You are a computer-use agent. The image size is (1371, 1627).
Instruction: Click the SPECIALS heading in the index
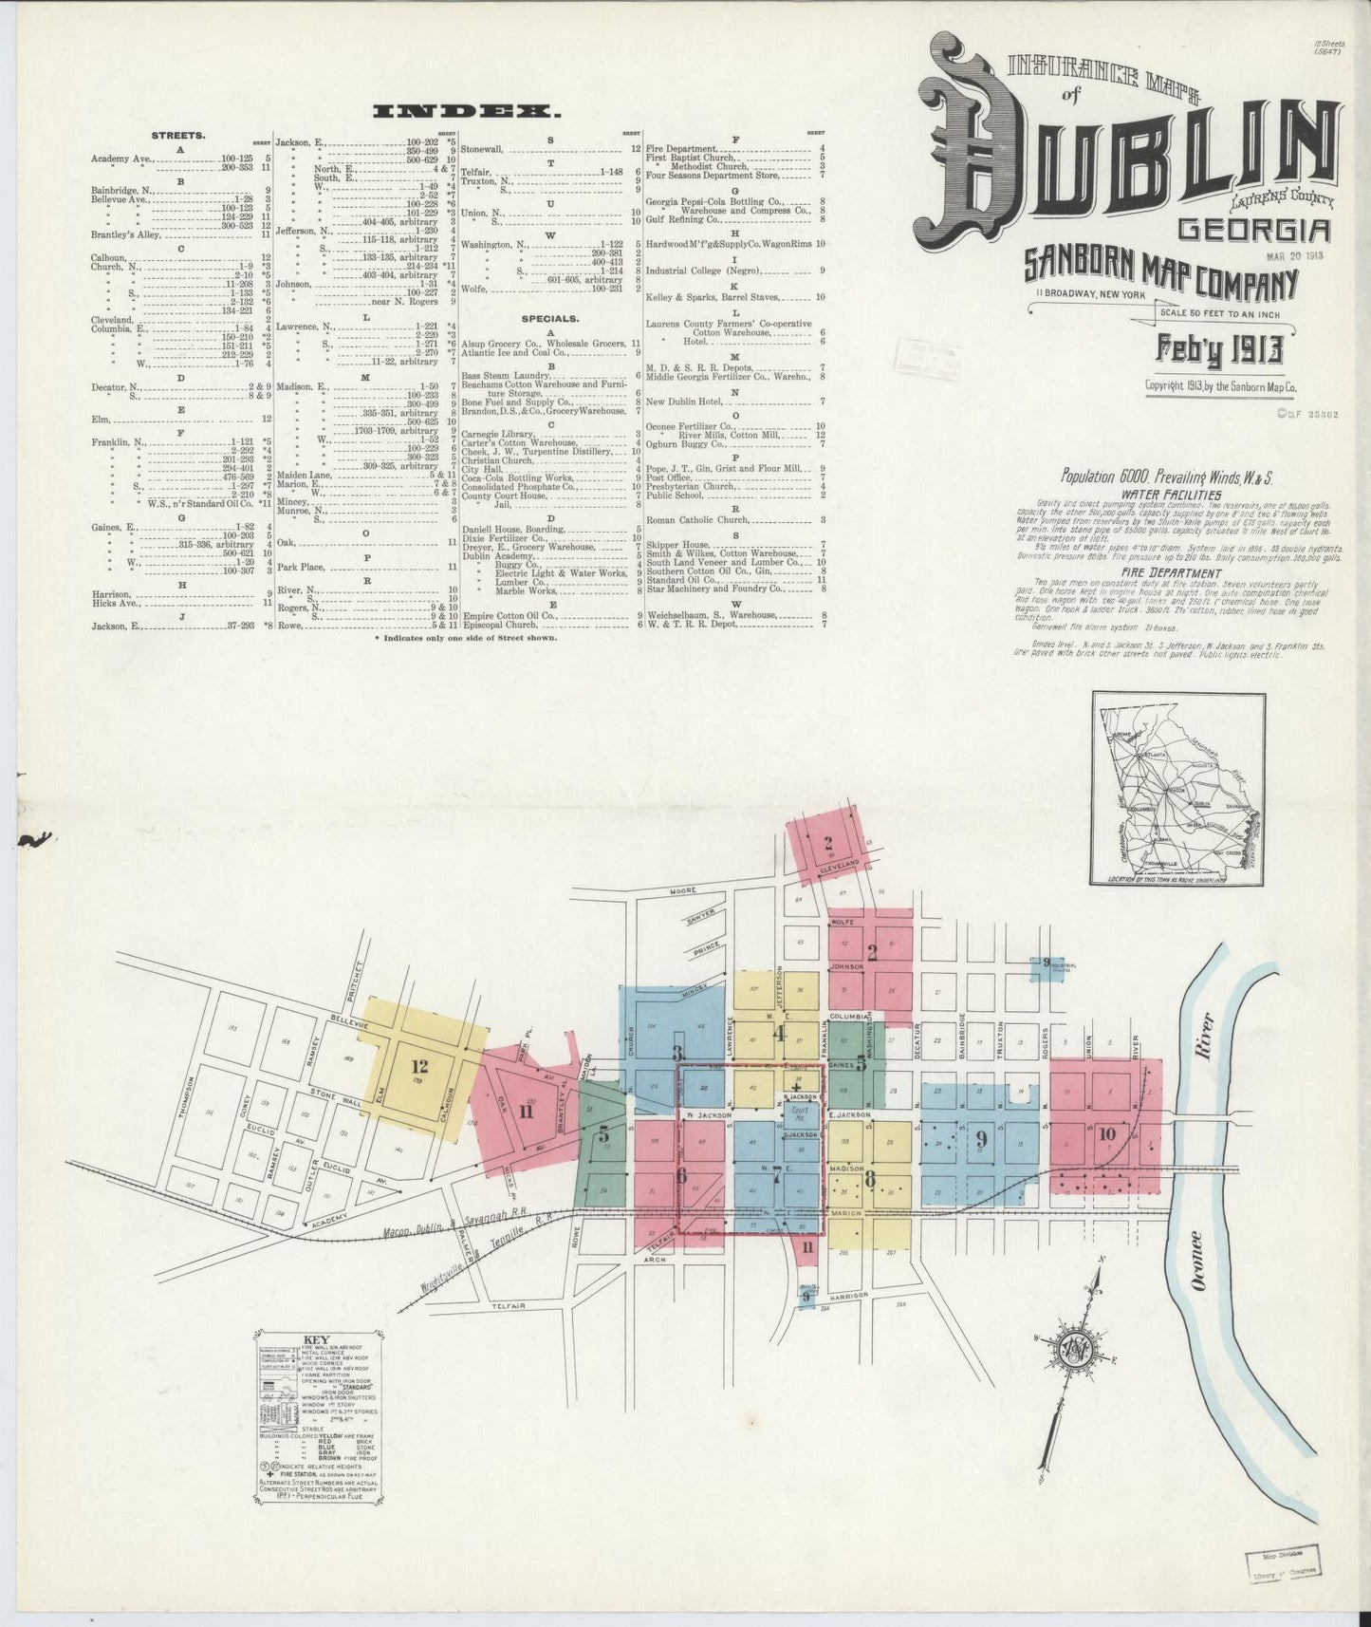point(550,319)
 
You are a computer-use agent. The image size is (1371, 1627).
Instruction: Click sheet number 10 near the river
point(1106,1133)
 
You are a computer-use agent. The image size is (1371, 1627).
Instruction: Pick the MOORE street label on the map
point(682,890)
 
